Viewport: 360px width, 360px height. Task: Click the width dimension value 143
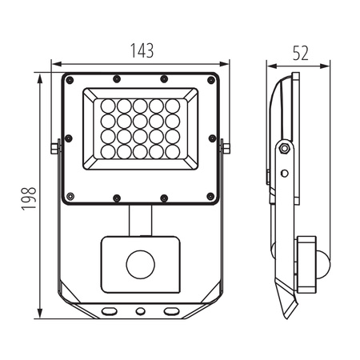141,50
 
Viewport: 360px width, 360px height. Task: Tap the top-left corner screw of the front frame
70,80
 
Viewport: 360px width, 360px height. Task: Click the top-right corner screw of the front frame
211,80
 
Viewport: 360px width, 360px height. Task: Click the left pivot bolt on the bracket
54,147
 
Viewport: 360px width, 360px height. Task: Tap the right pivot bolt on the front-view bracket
226,147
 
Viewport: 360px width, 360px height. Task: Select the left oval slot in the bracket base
110,310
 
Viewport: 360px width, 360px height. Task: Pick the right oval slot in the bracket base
171,310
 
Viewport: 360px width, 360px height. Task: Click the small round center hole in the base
141,310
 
